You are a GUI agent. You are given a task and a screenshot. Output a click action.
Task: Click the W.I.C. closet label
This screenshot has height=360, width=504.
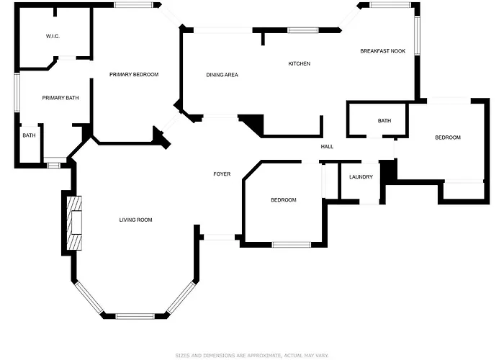point(53,36)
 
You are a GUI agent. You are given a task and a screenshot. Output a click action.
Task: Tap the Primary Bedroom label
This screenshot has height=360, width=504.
point(134,75)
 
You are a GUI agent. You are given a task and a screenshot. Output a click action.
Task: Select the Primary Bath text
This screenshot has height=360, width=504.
point(60,98)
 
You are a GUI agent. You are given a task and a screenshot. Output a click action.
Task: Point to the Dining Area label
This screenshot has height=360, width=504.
point(222,75)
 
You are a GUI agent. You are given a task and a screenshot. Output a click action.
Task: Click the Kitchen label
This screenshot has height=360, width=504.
point(300,63)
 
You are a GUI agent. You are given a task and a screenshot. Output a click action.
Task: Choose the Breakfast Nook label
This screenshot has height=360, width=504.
point(383,51)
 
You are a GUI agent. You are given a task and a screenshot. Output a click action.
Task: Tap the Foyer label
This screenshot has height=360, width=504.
point(222,174)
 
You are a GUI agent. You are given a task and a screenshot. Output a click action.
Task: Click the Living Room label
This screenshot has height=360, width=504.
point(135,220)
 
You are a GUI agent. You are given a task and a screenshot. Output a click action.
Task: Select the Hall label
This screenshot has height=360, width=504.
point(327,147)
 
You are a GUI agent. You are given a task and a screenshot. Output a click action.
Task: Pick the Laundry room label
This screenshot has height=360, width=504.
point(361,177)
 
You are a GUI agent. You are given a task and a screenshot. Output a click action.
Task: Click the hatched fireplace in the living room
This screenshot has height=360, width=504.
point(74,222)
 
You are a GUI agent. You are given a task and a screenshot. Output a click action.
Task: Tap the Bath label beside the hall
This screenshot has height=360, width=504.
point(384,120)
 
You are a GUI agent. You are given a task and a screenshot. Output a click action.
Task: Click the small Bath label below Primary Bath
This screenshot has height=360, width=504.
point(29,135)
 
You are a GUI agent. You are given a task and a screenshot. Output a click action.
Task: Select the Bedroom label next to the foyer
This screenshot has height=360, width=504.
point(284,200)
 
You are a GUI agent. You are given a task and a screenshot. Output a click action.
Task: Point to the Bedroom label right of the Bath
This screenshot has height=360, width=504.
point(448,138)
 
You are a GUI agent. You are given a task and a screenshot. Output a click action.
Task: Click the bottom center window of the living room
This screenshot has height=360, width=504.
point(135,316)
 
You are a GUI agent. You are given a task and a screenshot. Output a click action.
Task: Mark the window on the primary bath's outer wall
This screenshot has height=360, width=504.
point(17,93)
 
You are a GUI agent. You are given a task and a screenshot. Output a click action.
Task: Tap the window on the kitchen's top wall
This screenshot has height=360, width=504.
point(303,30)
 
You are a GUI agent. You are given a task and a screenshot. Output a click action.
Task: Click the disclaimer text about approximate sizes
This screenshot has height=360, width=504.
point(252,356)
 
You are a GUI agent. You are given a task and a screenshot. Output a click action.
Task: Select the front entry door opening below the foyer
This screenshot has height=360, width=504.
point(219,237)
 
